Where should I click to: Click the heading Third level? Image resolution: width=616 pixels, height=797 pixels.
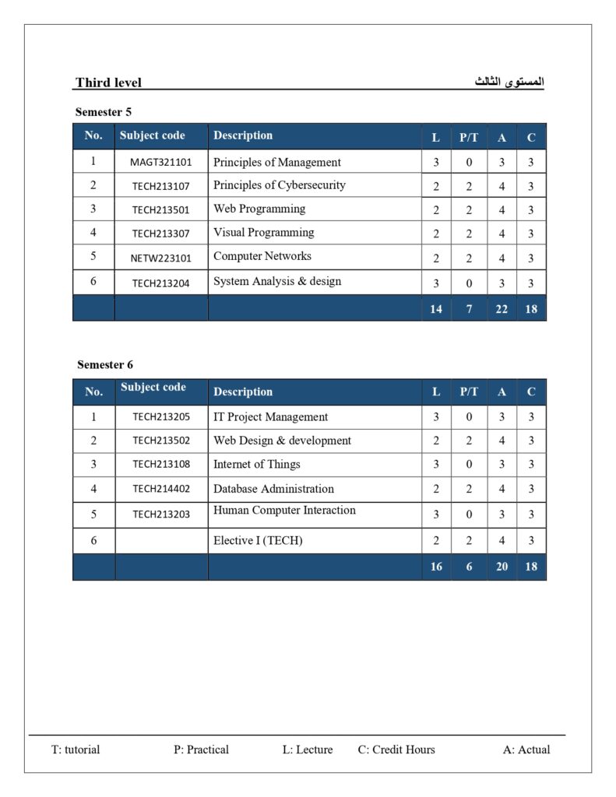tap(108, 83)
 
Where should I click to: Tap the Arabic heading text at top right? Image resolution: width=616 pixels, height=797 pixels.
tap(509, 82)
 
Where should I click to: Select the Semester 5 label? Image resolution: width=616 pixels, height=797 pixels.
tap(104, 112)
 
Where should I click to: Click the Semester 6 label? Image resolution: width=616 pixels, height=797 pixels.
tap(105, 364)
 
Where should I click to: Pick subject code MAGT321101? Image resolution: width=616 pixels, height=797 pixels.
tap(160, 163)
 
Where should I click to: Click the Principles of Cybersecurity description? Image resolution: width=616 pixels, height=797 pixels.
tap(279, 185)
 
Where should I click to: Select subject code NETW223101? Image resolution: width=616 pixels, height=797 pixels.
tap(160, 258)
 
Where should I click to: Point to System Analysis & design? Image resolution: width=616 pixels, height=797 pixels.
tap(276, 281)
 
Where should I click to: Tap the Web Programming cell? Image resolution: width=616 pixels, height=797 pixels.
tap(259, 209)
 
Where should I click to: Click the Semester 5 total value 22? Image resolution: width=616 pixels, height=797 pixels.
tap(502, 309)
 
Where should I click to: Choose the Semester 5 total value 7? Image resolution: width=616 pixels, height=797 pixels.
tap(469, 309)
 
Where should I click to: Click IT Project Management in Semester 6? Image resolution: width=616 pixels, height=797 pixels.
tap(270, 417)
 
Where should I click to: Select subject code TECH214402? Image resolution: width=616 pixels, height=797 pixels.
tap(160, 489)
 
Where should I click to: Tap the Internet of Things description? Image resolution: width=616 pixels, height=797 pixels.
tap(256, 464)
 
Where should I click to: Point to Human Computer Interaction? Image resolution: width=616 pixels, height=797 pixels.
tap(284, 511)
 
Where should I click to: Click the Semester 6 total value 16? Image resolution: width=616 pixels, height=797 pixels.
tap(436, 567)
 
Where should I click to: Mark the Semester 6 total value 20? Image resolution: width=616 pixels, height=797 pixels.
tap(502, 567)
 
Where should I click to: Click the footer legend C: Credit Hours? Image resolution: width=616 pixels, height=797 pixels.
tap(396, 750)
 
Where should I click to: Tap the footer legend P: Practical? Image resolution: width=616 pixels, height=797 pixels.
tap(201, 750)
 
